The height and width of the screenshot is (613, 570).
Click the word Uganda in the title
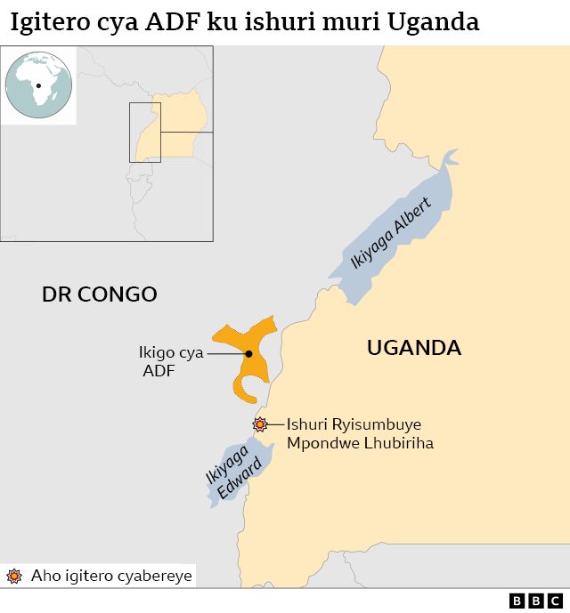(433, 22)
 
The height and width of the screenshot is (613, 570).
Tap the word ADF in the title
(170, 22)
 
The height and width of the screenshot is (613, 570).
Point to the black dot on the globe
(38, 86)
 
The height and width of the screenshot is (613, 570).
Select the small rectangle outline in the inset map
(145, 132)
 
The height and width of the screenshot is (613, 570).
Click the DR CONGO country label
(100, 294)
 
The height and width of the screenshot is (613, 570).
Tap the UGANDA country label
(413, 348)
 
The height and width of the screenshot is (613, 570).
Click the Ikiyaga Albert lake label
(391, 233)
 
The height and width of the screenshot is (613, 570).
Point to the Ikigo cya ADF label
(170, 362)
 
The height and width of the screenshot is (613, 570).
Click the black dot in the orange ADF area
(248, 353)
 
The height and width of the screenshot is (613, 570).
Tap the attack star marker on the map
(260, 424)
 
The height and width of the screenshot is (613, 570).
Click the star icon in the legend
(13, 576)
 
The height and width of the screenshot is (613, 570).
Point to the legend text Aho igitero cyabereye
(110, 576)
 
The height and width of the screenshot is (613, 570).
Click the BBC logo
(536, 601)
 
